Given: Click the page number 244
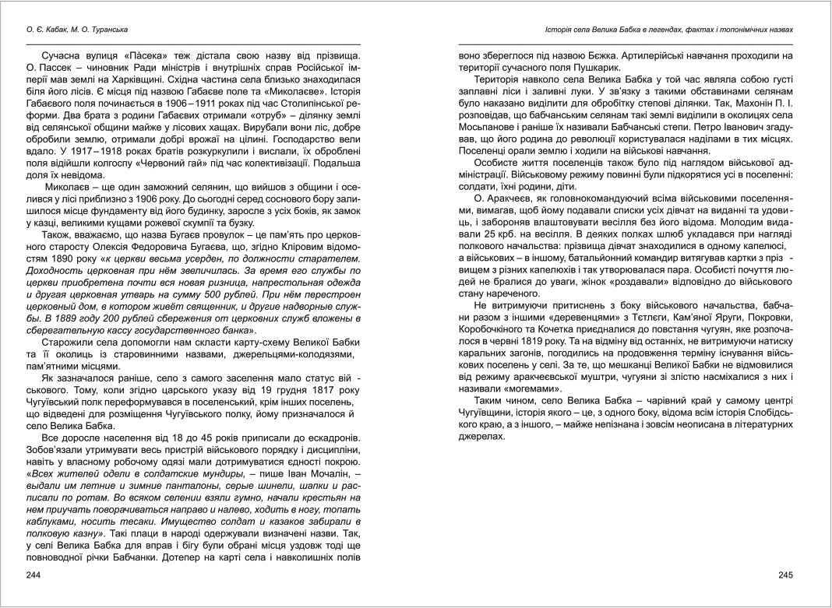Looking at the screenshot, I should pos(34,575).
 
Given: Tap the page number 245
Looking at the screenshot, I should pos(784,575).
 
